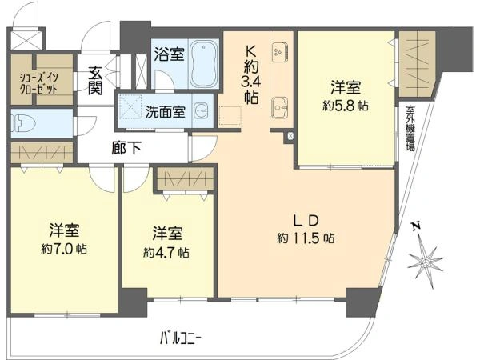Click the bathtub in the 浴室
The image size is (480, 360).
click(x=203, y=64)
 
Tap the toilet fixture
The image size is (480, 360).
click(x=23, y=123)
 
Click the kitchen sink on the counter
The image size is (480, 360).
click(x=280, y=108)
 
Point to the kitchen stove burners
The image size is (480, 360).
click(x=280, y=51)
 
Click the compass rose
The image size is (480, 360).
click(x=426, y=262)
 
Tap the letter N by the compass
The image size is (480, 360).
click(x=416, y=226)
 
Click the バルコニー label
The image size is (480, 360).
click(x=181, y=339)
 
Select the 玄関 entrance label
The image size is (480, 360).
click(x=95, y=81)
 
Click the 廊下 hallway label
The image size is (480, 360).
click(x=126, y=148)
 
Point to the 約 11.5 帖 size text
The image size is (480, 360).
click(x=306, y=238)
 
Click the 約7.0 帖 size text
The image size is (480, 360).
click(x=64, y=249)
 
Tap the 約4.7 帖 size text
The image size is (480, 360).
click(x=166, y=253)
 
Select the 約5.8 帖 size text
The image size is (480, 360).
click(x=346, y=106)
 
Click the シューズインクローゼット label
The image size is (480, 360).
click(x=38, y=83)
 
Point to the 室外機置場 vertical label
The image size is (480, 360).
click(x=410, y=128)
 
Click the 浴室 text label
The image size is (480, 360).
click(x=169, y=54)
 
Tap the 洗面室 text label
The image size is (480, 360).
click(x=166, y=112)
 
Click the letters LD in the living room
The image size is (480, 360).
click(x=306, y=220)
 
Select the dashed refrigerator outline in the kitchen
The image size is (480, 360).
click(x=230, y=116)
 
